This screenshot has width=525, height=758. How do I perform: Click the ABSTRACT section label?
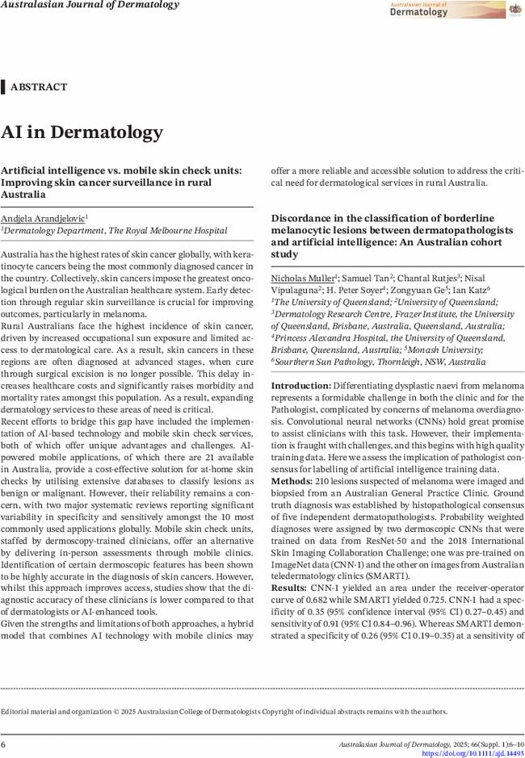tap(39, 87)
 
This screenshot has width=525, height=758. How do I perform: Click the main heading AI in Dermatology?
tap(82, 132)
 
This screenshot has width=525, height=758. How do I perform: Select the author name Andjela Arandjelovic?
tap(43, 218)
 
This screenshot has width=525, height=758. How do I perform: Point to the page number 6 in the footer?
tap(4, 743)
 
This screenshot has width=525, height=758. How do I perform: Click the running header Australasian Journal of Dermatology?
tap(90, 6)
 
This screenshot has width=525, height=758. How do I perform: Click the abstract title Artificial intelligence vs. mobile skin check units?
tap(121, 182)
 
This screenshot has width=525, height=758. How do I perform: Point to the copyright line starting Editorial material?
tap(224, 711)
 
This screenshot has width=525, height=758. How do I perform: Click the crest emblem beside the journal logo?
tap(514, 10)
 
